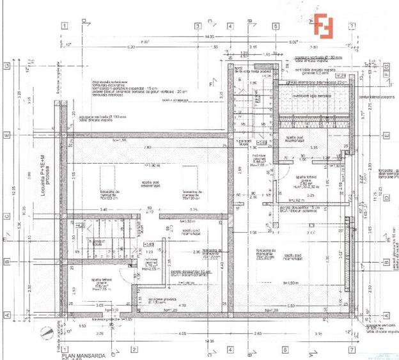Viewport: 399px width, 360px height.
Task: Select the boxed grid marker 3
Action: [198, 26]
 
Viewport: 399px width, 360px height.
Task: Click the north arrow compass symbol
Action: [45, 333]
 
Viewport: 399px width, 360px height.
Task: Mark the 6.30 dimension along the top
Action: [131, 47]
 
